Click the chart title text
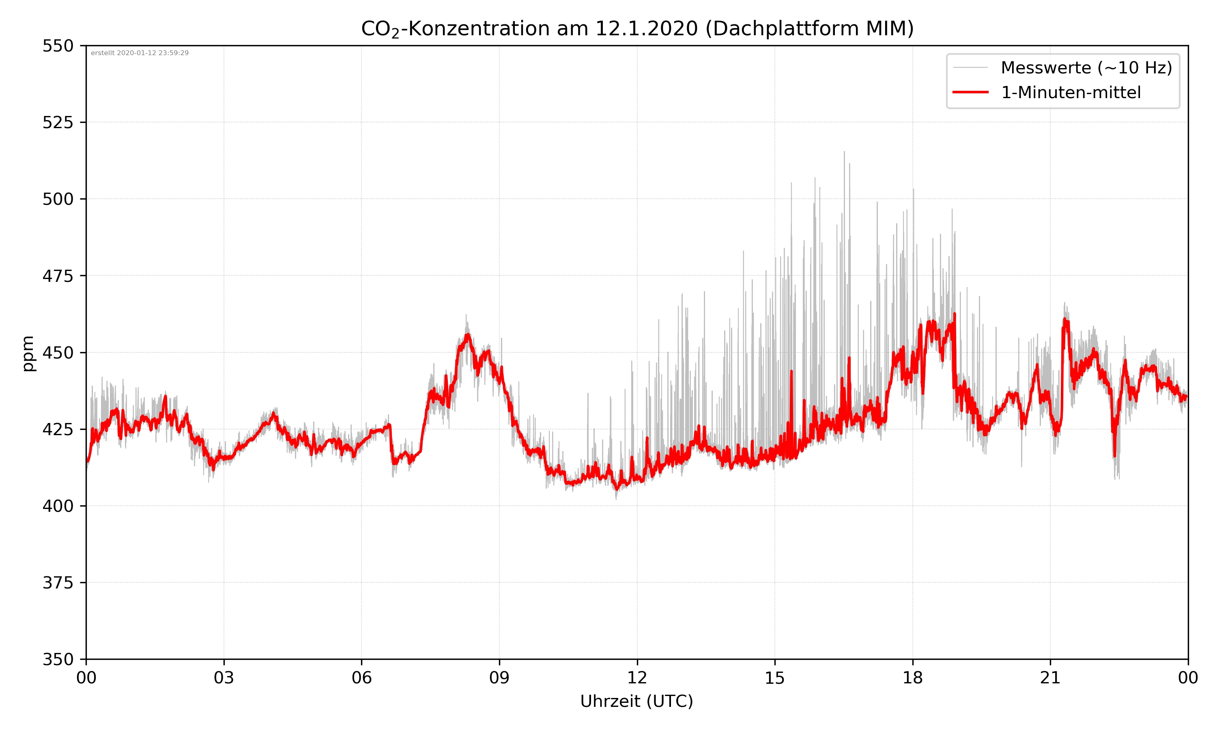(637, 28)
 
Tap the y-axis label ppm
(28, 353)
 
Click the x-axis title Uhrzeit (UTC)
(636, 702)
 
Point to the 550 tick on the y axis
(58, 46)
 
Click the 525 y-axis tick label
(58, 122)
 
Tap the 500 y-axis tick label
(58, 199)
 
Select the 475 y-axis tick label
(58, 276)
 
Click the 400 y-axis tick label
(58, 506)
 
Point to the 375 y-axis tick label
(58, 583)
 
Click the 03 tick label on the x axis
(224, 678)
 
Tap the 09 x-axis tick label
(499, 678)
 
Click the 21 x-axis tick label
(1050, 678)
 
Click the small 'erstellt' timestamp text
(140, 53)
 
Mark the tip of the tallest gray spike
(844, 152)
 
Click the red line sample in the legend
(970, 92)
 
